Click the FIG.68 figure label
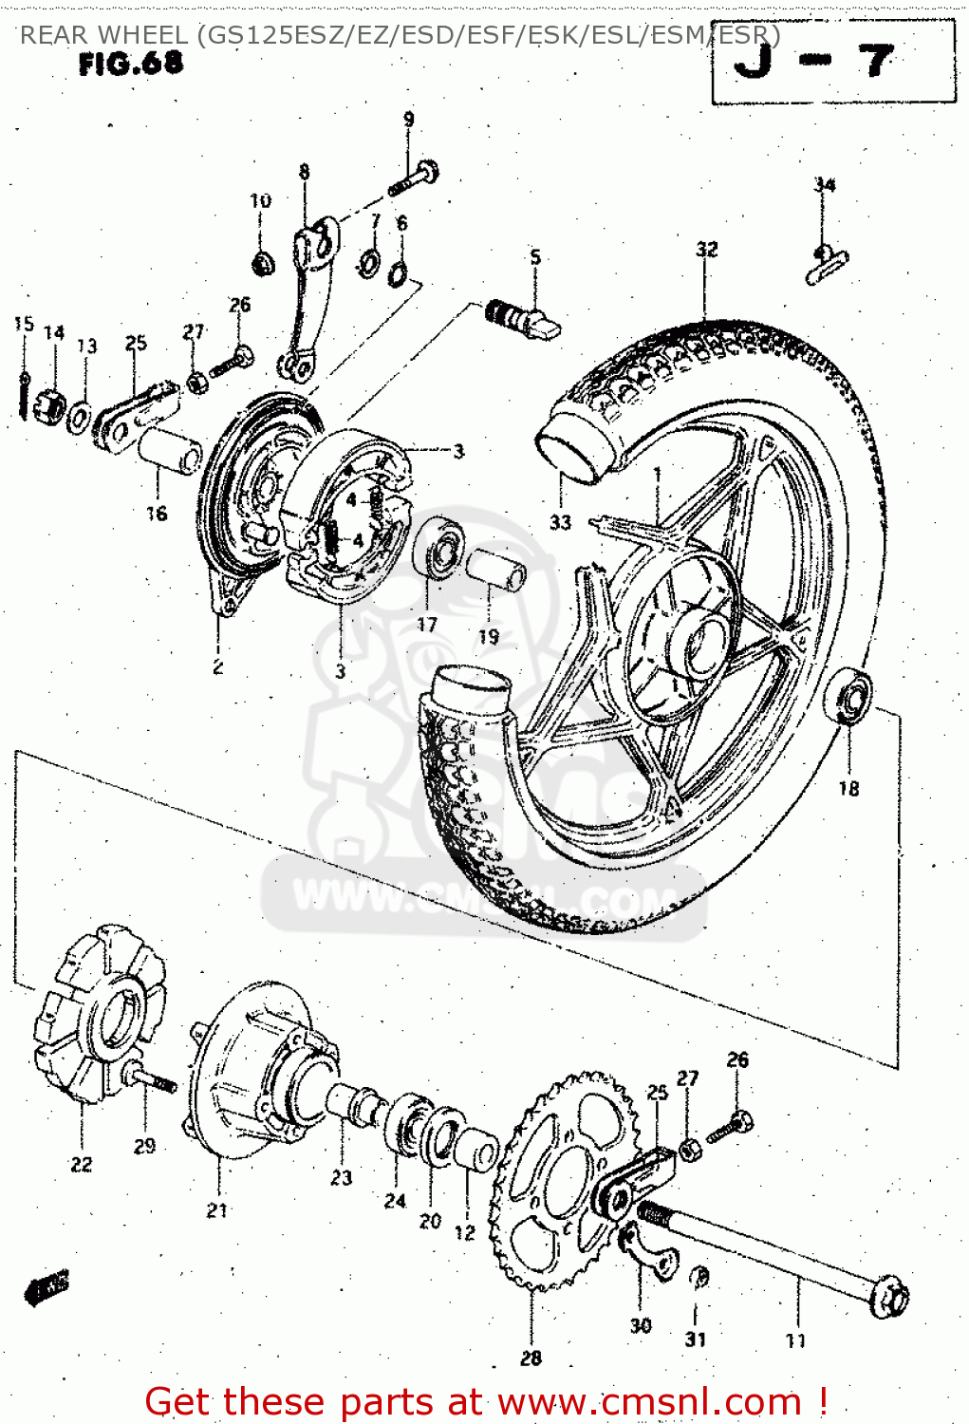[130, 64]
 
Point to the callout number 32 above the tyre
[706, 250]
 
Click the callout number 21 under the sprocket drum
[217, 1210]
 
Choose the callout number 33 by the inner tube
[560, 521]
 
